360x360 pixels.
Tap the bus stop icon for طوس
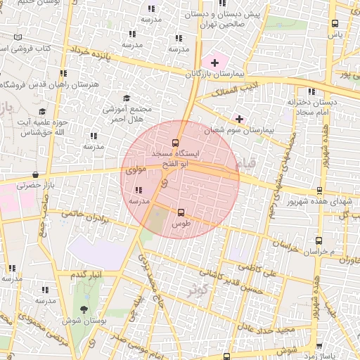(x=181, y=212)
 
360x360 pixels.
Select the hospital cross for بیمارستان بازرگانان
(x=214, y=63)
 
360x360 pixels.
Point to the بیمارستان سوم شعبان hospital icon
(x=240, y=119)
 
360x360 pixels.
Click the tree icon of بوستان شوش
(x=84, y=309)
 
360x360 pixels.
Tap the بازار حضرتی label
(x=20, y=186)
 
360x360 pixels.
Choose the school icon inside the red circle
(x=138, y=190)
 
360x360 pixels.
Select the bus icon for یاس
(x=335, y=24)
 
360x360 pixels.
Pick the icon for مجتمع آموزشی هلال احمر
(x=127, y=98)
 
